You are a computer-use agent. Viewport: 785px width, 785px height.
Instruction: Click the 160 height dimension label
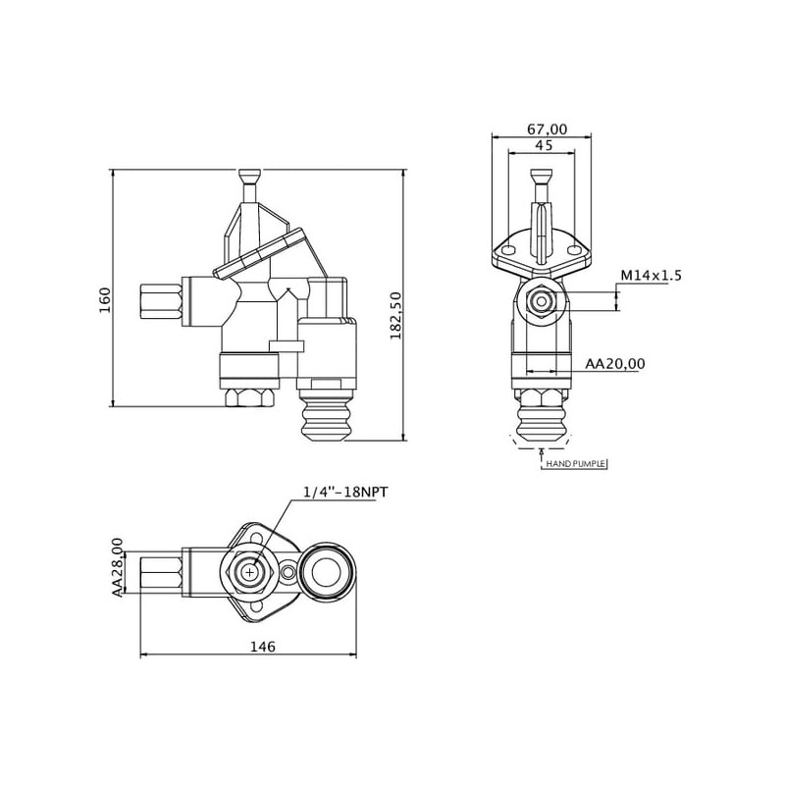105,300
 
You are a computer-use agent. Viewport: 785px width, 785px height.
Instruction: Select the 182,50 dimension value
396,315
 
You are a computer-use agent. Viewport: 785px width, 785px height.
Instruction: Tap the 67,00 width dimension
548,130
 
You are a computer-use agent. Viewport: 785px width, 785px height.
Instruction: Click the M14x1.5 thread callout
651,276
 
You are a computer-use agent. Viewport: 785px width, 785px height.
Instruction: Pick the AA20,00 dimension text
615,363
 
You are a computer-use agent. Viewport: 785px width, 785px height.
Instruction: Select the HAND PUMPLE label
576,464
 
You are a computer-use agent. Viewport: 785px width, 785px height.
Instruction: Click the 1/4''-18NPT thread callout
345,493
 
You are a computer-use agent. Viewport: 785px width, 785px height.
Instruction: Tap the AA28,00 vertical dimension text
117,567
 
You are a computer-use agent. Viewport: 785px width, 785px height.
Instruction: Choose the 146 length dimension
263,647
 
